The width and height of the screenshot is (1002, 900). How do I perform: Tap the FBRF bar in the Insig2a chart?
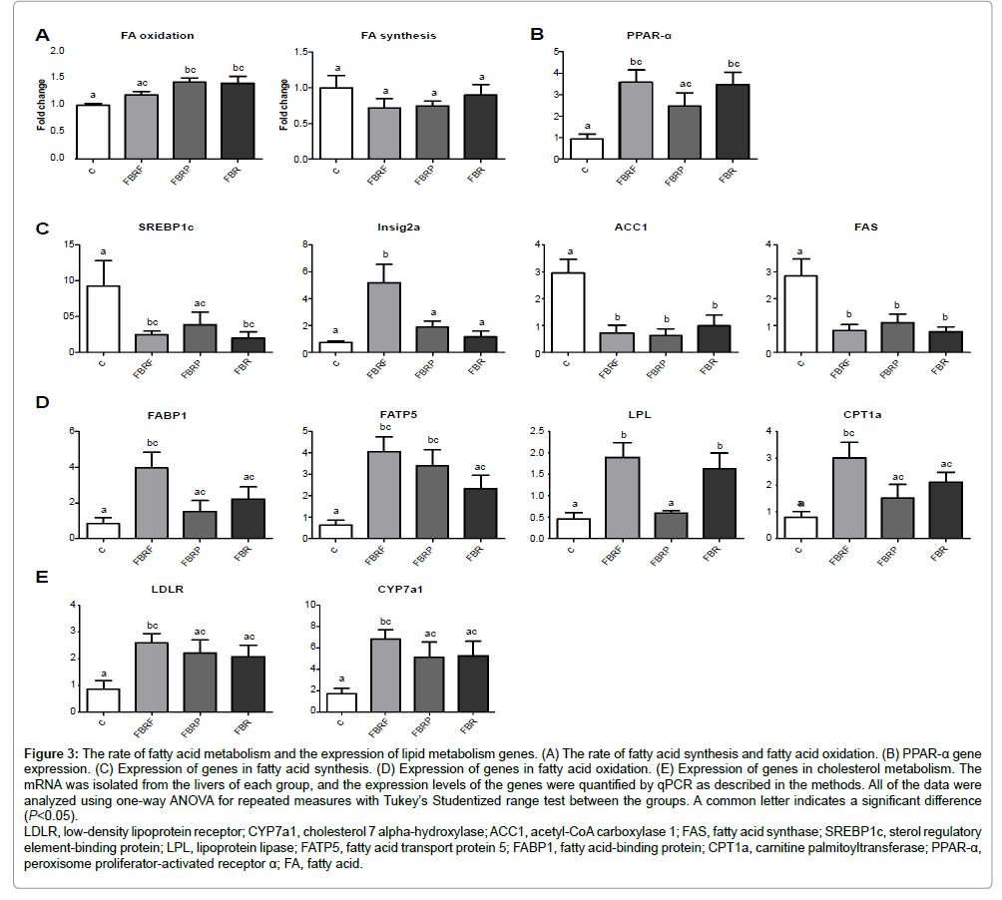[383, 316]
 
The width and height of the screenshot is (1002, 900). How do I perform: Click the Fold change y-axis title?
[41, 104]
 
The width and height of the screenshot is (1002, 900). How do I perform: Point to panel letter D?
[42, 403]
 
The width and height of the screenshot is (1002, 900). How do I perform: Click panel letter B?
[537, 34]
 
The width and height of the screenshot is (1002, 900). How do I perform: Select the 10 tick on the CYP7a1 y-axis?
[312, 605]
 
